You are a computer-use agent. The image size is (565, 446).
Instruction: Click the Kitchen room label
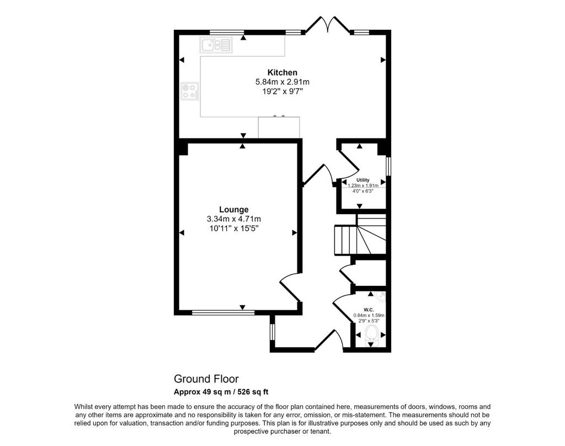[x=282, y=72]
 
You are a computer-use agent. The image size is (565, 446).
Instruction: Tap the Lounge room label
[x=234, y=210]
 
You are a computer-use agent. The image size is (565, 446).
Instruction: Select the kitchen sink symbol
[x=216, y=45]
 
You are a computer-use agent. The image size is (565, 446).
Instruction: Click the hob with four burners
[x=190, y=91]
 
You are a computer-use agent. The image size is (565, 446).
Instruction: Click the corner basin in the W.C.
[x=381, y=296]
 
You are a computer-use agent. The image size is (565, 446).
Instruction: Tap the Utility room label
[x=363, y=180]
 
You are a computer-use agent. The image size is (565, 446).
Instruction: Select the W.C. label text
[x=369, y=310]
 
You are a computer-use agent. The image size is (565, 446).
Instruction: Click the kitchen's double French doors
[x=327, y=24]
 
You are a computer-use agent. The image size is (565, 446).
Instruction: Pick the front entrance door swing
[x=329, y=339]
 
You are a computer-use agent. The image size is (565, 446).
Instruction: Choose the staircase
[x=360, y=235]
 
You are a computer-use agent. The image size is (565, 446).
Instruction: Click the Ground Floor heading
[x=206, y=379]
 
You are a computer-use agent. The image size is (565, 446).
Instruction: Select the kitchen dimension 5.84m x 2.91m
[x=282, y=82]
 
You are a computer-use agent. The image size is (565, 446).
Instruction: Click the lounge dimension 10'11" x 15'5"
[x=234, y=228]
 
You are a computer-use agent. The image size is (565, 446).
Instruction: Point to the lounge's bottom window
[x=223, y=312]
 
